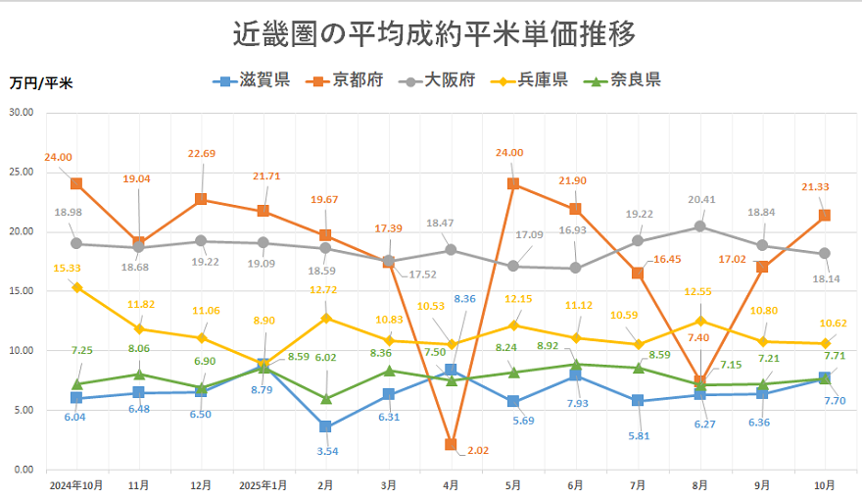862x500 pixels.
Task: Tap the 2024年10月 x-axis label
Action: pyautogui.click(x=75, y=484)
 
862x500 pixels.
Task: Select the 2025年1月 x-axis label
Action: pyautogui.click(x=263, y=484)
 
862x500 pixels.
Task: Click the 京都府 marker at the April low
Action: pyautogui.click(x=451, y=445)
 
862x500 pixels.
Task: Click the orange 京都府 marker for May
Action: pyautogui.click(x=512, y=183)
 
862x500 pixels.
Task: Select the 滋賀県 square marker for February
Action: pyautogui.click(x=325, y=427)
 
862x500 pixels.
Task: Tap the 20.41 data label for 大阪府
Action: pyautogui.click(x=701, y=199)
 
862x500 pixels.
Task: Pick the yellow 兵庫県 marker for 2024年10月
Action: pyautogui.click(x=76, y=287)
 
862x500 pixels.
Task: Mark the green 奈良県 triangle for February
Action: pyautogui.click(x=325, y=398)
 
